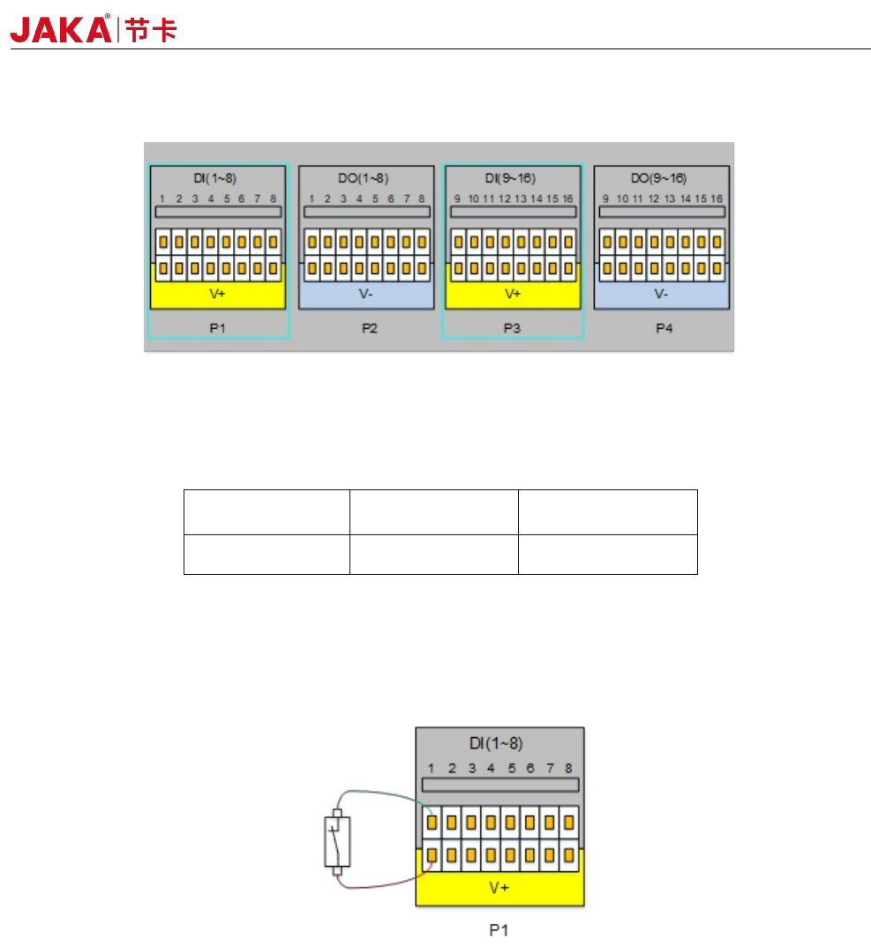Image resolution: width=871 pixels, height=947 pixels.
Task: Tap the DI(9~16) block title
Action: point(512,179)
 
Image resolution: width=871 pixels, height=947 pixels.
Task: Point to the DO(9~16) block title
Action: point(661,179)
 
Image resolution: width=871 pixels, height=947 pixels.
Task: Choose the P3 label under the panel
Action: point(512,328)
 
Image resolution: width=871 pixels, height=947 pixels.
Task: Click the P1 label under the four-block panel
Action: point(218,328)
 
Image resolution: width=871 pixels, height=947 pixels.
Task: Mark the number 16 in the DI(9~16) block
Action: point(568,199)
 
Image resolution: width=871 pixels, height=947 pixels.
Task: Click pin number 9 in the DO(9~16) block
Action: point(605,199)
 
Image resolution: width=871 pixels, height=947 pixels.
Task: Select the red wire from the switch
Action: point(384,884)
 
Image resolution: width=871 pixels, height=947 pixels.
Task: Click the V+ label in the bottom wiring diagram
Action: point(499,888)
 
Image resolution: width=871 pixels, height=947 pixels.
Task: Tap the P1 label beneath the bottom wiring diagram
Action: point(499,929)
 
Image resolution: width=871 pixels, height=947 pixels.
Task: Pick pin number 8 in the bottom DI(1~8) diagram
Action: point(569,769)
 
